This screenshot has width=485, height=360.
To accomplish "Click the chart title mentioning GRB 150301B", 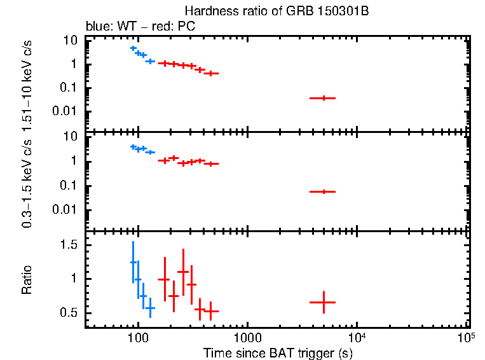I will (276, 11).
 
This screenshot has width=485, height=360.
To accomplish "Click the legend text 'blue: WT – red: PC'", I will (141, 27).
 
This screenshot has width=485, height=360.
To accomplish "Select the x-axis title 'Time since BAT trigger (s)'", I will (275, 352).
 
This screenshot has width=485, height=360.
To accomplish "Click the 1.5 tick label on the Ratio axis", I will (70, 245).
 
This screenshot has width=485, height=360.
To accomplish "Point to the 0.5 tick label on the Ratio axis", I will (70, 313).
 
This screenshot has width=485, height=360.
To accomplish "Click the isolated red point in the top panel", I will (324, 98).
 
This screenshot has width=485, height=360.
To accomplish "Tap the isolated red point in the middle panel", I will (324, 191).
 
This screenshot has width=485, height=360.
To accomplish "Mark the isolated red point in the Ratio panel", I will (324, 302).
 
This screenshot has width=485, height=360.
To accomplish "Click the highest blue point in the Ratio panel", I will (133, 262).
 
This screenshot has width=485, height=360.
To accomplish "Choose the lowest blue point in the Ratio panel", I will (149, 308).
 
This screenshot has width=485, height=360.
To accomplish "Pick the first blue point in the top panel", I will (133, 48).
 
